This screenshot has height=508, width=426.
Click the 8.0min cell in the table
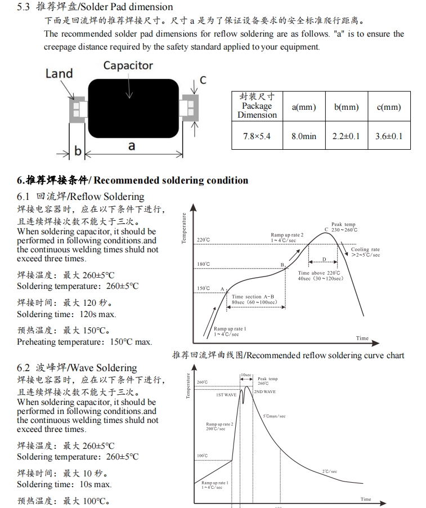point(304,136)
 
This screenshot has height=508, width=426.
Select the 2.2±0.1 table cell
point(346,136)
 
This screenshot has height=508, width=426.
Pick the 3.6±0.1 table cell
point(389,136)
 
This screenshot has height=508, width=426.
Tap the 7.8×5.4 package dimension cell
point(257,136)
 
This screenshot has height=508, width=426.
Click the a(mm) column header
point(304,106)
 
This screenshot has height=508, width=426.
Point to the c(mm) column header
point(389,106)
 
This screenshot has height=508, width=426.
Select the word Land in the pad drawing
point(59,73)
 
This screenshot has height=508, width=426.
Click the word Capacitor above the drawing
point(128,65)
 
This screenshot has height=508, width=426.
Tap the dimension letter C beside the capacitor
point(203,80)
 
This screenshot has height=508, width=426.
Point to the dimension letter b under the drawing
point(78,151)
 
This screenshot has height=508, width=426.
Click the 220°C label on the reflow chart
point(203,239)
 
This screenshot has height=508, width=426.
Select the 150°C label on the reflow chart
point(203,288)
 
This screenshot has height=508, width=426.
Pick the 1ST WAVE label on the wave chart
point(226,395)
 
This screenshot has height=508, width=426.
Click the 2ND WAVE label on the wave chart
point(264,391)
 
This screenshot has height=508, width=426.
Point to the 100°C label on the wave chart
point(203,455)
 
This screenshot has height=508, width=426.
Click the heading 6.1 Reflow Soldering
point(80,197)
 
